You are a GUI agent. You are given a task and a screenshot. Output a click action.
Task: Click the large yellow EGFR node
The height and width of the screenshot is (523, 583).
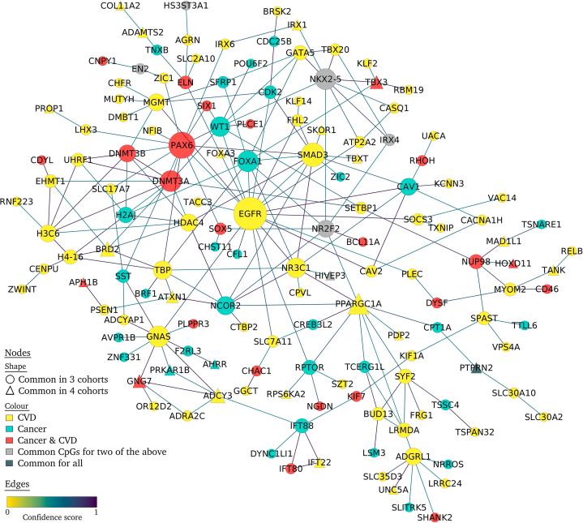tap(251, 213)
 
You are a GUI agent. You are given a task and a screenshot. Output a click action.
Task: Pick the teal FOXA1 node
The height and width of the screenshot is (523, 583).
tap(249, 161)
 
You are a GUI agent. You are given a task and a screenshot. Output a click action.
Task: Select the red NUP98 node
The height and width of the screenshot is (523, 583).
tap(478, 260)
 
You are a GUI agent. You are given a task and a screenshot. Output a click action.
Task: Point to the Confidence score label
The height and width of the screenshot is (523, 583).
tap(50, 516)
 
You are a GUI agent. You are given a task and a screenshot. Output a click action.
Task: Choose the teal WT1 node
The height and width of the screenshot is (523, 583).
tap(220, 126)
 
